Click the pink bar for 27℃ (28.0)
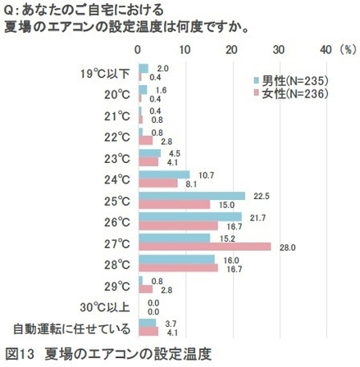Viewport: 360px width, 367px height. point(204,247)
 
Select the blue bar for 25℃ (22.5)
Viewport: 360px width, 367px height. point(192,195)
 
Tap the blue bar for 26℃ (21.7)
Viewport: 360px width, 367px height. point(189,216)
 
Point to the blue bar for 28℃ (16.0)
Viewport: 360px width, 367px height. point(176,260)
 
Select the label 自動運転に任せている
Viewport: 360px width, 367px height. point(72,330)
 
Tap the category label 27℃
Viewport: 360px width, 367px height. point(117,243)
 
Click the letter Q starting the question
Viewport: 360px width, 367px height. point(8,10)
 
